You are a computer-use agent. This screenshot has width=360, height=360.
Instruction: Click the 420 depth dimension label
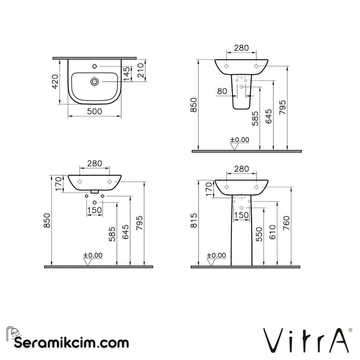tap(55, 81)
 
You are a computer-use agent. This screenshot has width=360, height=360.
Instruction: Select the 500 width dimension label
tap(95, 111)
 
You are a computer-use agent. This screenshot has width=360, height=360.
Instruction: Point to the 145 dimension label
tap(126, 74)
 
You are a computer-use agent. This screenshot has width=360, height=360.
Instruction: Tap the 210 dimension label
tap(141, 70)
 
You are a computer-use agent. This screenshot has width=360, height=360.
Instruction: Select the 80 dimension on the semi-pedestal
tap(222, 91)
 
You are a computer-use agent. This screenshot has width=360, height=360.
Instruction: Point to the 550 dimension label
tap(259, 234)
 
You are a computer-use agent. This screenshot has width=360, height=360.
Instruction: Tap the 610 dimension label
tap(273, 232)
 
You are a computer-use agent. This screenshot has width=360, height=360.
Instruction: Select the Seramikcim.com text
tap(71, 342)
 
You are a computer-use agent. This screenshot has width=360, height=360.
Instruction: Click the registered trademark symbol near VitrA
tap(350, 330)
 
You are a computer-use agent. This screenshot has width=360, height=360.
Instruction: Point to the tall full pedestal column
tap(242, 240)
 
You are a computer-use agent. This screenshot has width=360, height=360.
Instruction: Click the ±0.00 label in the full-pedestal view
tap(217, 256)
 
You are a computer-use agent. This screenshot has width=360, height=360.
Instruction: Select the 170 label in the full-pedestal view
tap(209, 189)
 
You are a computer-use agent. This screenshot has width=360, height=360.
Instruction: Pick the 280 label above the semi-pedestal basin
tap(241, 48)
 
